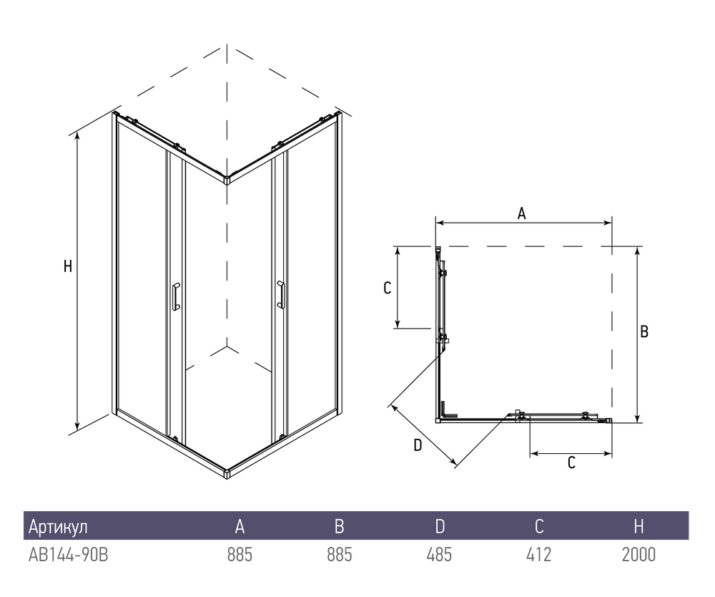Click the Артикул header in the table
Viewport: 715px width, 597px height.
(58, 527)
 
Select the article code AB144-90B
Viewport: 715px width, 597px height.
(69, 555)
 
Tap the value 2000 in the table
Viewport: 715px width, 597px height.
(638, 555)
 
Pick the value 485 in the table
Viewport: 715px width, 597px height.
(439, 555)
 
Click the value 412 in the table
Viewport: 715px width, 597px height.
(538, 555)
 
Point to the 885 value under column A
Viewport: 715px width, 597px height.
(240, 555)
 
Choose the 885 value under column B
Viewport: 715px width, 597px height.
(340, 555)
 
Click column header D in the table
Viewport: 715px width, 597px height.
(440, 527)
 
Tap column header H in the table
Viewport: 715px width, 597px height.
(638, 527)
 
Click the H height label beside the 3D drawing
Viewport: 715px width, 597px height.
(68, 266)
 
